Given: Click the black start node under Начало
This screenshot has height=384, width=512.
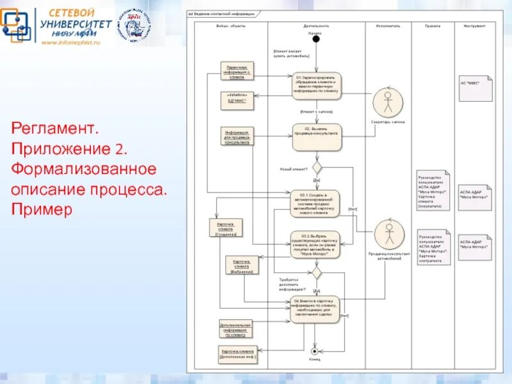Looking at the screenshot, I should [x=316, y=39].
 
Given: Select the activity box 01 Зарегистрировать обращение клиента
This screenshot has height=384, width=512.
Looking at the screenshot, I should [x=316, y=86].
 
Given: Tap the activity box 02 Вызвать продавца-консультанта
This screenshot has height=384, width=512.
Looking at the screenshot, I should [x=316, y=136].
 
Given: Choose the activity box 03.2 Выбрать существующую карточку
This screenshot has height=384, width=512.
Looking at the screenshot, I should [x=316, y=244].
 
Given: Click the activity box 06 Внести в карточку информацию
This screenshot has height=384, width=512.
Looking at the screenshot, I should [x=316, y=309].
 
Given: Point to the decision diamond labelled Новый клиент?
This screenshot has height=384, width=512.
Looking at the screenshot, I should [x=316, y=170].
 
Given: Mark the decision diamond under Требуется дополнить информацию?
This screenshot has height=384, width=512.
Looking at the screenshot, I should [x=316, y=272].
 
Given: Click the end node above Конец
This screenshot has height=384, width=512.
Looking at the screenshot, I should [x=314, y=351].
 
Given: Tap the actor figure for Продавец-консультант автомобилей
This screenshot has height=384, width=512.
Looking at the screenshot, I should [x=387, y=235].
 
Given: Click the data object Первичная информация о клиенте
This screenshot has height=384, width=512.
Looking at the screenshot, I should [x=237, y=70].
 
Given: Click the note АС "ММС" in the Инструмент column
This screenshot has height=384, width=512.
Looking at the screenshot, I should [x=476, y=88].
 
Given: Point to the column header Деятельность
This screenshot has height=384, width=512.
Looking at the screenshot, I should [x=316, y=26].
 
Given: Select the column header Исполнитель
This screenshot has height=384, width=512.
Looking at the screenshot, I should [x=388, y=26].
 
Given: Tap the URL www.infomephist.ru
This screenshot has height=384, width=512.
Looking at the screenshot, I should [x=72, y=42].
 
